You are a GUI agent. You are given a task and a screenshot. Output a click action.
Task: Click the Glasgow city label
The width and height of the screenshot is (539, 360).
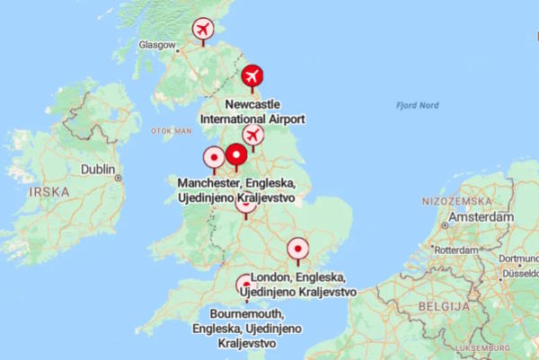click(156, 44)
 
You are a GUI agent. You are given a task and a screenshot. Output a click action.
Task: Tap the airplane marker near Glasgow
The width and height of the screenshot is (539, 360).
click(204, 30)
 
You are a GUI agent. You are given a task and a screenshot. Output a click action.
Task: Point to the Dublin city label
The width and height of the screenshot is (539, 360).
click(98, 169)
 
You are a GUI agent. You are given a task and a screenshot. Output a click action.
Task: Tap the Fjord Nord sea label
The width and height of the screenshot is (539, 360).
click(418, 106)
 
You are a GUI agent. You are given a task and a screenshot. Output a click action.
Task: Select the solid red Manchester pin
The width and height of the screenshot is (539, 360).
click(236, 156)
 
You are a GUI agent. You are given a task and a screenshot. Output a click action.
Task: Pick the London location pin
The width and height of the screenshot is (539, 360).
click(297, 248)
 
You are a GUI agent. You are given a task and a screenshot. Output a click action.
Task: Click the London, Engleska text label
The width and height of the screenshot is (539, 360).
click(303, 285)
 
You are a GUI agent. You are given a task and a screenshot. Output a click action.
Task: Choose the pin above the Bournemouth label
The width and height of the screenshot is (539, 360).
click(244, 287)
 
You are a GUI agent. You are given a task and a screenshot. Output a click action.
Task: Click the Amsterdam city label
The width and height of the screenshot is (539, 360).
click(482, 217)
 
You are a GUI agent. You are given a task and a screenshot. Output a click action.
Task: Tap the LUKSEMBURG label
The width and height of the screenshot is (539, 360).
click(482, 347)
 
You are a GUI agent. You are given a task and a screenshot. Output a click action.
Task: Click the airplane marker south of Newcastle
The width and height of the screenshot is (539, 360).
click(253, 136)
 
